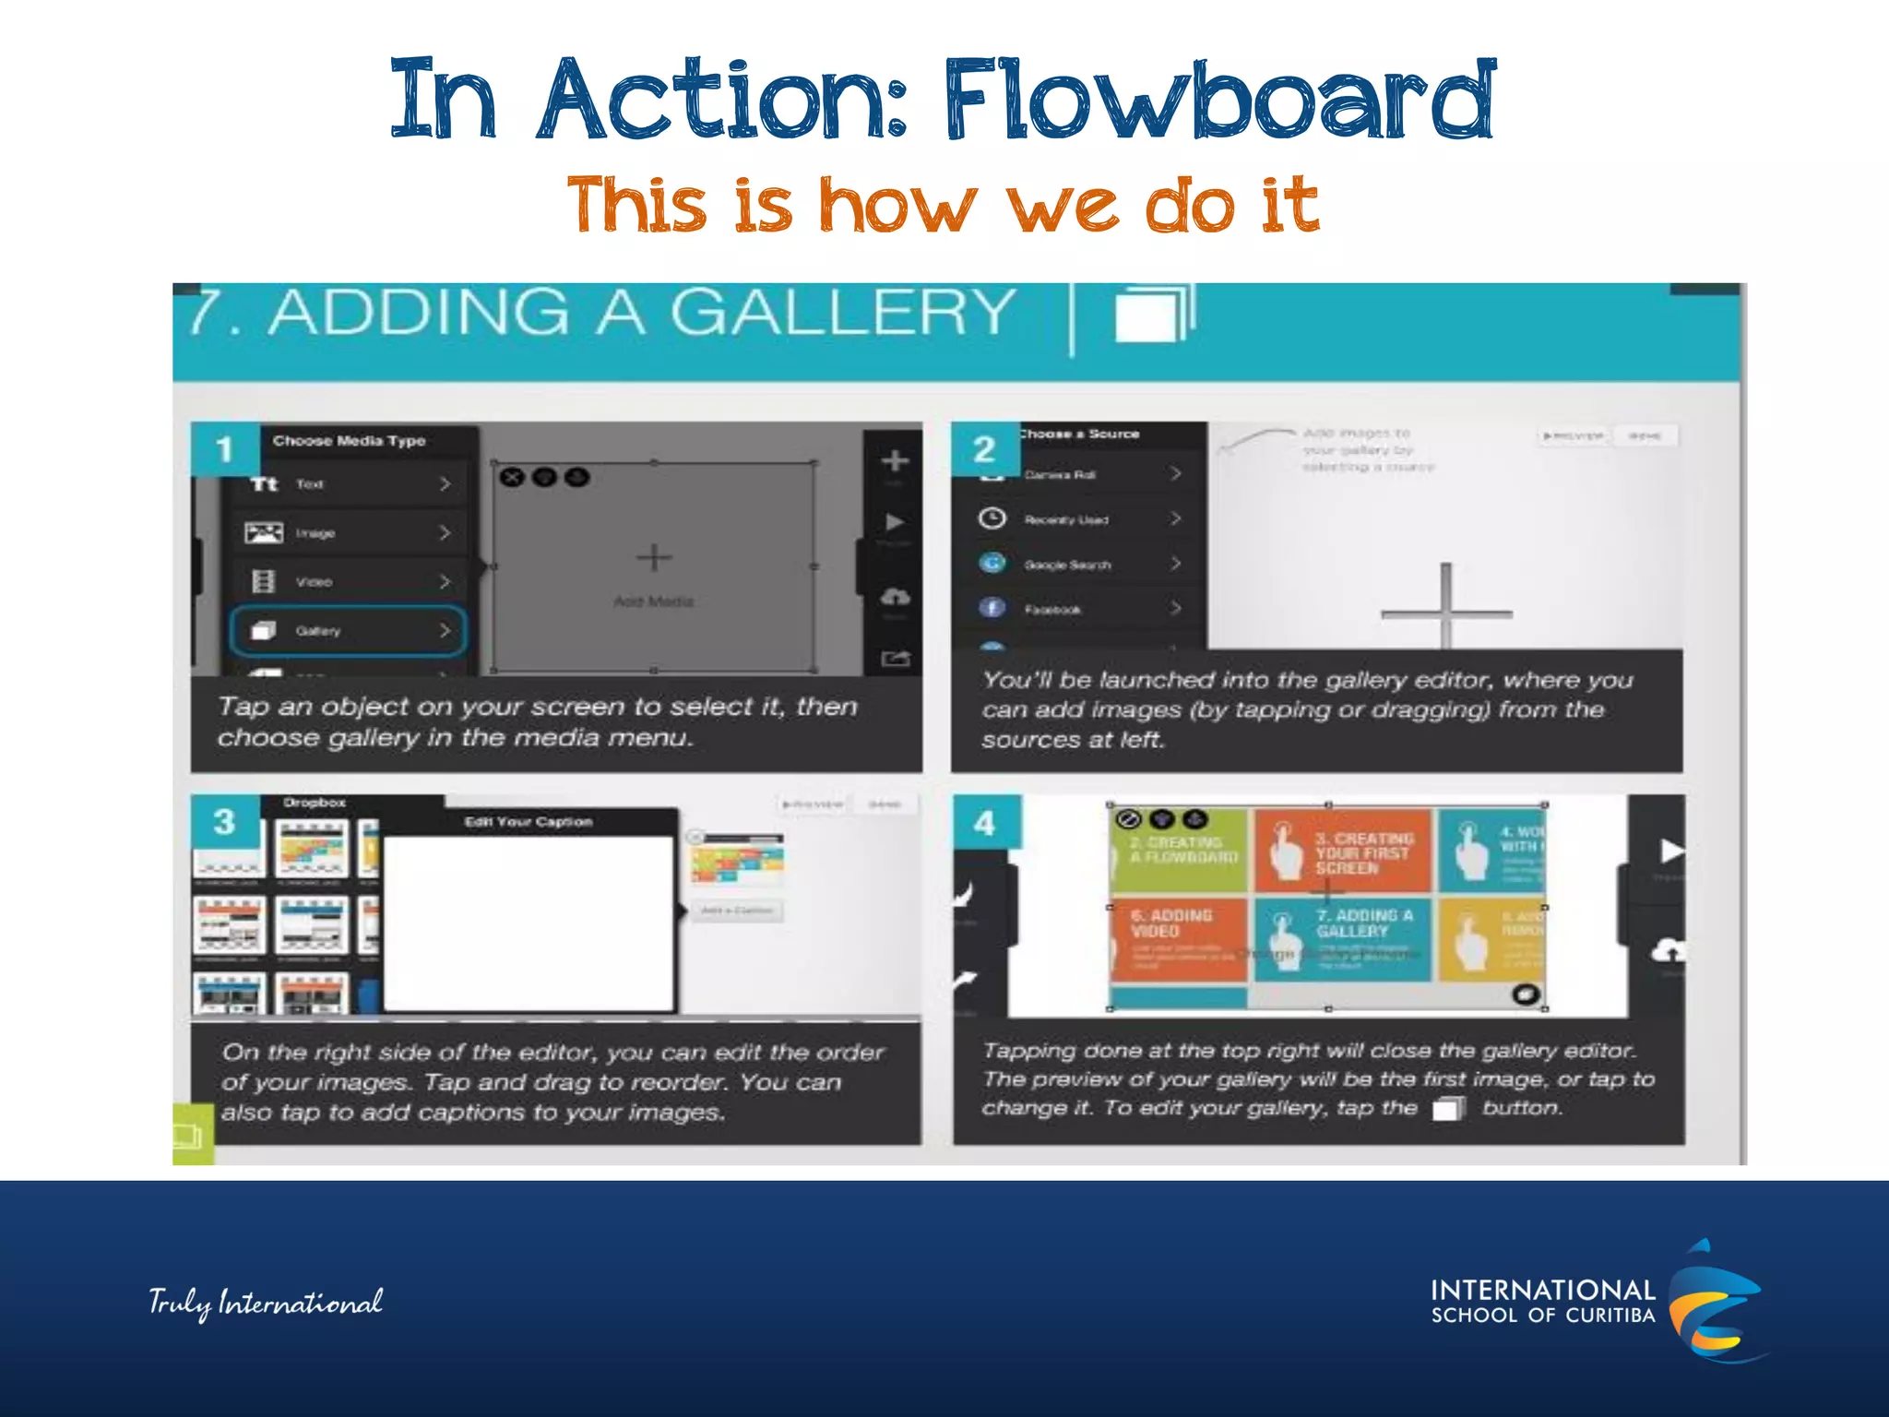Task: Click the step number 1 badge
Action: tap(224, 450)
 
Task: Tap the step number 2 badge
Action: tap(984, 449)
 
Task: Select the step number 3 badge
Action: tap(224, 822)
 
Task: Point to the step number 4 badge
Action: tap(985, 823)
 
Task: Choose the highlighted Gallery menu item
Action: tap(348, 631)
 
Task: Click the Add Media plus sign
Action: tap(654, 558)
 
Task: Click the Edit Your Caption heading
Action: tap(529, 822)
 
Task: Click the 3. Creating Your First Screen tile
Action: tap(1341, 851)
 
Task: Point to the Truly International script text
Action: tap(266, 1303)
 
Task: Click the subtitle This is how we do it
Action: tap(943, 205)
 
